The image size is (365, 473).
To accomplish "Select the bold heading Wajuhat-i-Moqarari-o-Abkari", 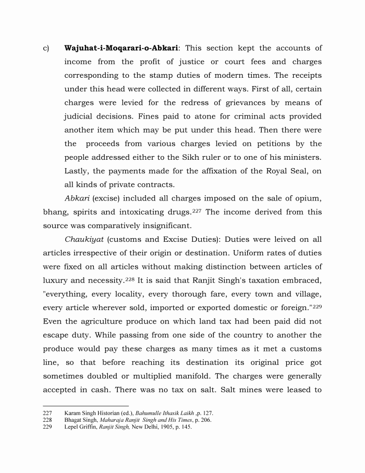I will pos(121,49).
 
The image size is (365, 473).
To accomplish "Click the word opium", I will pos(309,198).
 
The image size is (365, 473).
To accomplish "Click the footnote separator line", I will pos(86,406).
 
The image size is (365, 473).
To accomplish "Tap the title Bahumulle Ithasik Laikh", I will pos(164,412).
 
